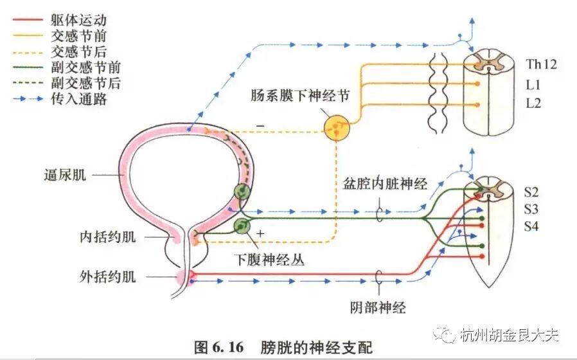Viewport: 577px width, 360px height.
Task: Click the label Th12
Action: pos(541,64)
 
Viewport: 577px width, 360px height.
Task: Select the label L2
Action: pos(534,103)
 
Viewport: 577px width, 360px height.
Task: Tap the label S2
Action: pos(531,191)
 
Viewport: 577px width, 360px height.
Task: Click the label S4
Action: pos(531,226)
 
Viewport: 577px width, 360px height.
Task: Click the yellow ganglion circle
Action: pos(338,129)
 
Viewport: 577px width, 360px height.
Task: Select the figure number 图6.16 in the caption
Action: pos(218,347)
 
